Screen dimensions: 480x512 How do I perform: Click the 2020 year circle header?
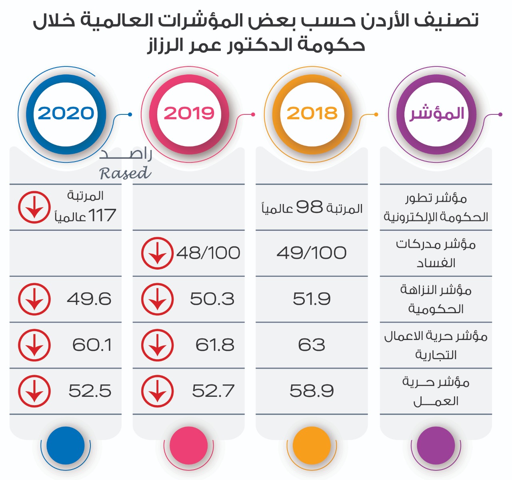point(66,114)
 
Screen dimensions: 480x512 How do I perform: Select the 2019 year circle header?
point(189,114)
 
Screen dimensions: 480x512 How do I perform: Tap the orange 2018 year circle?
point(312,114)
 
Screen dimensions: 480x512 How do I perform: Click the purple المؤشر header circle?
point(436,114)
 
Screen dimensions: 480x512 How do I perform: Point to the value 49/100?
point(312,253)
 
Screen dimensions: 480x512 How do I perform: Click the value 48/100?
point(208,253)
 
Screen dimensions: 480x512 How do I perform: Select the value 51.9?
point(312,299)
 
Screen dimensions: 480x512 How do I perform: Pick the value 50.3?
point(212,299)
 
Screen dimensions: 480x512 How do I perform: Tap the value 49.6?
point(89,299)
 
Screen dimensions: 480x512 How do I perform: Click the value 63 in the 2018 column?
point(312,345)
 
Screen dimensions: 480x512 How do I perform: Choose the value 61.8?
point(214,345)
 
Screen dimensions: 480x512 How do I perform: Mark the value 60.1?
point(92,345)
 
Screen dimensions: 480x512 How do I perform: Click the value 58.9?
point(312,391)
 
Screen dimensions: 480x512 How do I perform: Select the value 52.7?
point(213,391)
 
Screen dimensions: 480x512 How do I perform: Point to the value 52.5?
point(90,391)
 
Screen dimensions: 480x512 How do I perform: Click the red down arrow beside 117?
point(34,207)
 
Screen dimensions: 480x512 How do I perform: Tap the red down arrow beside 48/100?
point(157,253)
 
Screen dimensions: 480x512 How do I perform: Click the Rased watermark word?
point(125,173)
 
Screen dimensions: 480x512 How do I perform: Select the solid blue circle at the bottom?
point(66,445)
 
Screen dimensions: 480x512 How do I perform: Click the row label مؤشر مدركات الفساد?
point(436,253)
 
